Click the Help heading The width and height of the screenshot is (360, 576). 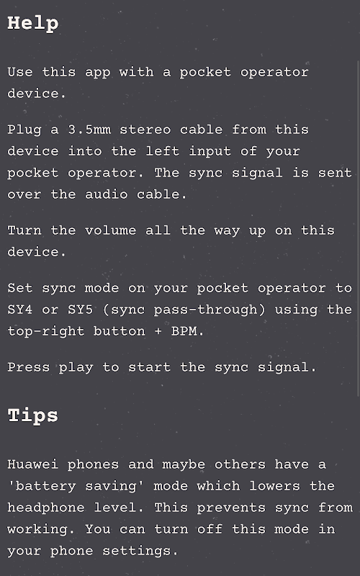point(33,24)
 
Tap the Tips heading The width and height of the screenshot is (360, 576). point(33,416)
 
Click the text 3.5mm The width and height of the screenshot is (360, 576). point(89,130)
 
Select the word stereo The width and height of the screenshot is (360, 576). point(145,130)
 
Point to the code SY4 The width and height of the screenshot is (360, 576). point(20,310)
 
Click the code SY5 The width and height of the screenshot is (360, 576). point(81,310)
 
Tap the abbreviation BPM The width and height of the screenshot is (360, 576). point(184,331)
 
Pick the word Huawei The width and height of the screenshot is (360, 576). point(33,464)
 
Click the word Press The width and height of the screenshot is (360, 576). point(29,367)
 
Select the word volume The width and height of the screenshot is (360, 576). point(111,230)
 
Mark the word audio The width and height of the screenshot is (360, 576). point(107,194)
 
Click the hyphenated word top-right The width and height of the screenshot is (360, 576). point(46,332)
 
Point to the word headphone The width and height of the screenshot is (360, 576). point(46,508)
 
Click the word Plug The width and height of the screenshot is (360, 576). point(24,130)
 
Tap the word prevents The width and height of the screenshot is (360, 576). point(231,508)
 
